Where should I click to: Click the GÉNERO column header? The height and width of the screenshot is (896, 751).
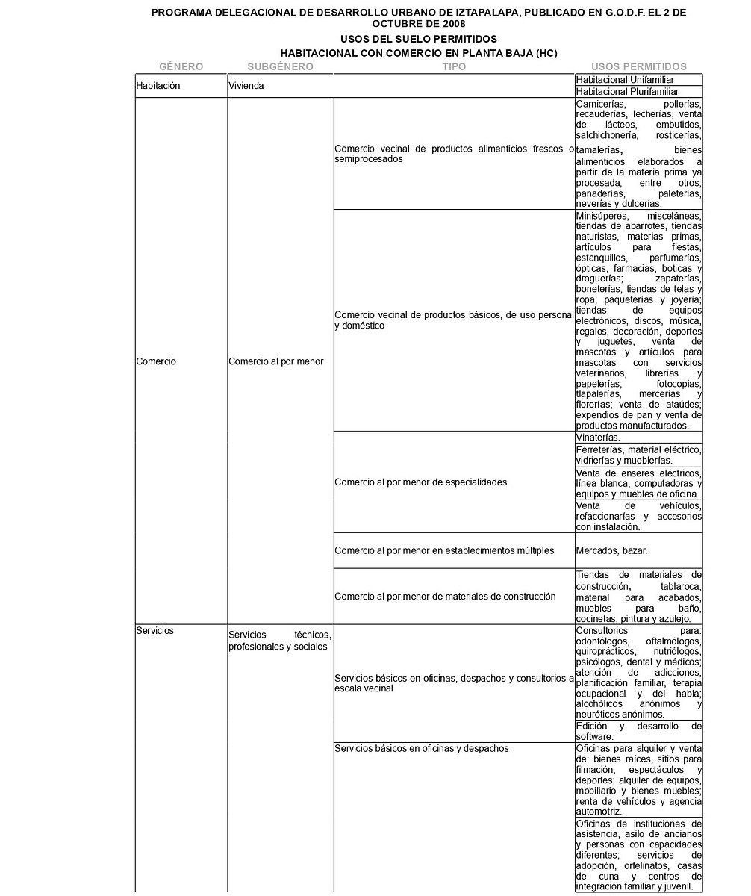pyautogui.click(x=181, y=66)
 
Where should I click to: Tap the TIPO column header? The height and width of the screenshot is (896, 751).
pyautogui.click(x=454, y=66)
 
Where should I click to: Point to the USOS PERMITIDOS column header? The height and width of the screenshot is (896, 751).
pyautogui.click(x=639, y=66)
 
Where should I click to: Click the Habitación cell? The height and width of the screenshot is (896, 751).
pyautogui.click(x=158, y=86)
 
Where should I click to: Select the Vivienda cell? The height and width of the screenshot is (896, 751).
pyautogui.click(x=246, y=86)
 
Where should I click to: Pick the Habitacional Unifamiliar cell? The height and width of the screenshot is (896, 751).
pyautogui.click(x=626, y=79)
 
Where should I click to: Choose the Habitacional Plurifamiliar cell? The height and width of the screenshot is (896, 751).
pyautogui.click(x=627, y=91)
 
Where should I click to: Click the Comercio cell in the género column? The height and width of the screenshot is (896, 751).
pyautogui.click(x=156, y=361)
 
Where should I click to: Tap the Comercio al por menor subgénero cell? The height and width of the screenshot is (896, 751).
pyautogui.click(x=276, y=361)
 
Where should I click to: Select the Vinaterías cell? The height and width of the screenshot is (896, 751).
pyautogui.click(x=598, y=437)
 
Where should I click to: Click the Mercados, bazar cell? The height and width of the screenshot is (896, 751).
pyautogui.click(x=611, y=550)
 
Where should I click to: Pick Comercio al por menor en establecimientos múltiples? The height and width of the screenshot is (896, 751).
pyautogui.click(x=444, y=550)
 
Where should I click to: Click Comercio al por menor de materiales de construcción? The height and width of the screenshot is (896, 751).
pyautogui.click(x=445, y=597)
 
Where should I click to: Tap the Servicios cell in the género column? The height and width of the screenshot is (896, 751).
pyautogui.click(x=155, y=631)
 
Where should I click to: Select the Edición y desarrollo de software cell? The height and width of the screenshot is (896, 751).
pyautogui.click(x=638, y=731)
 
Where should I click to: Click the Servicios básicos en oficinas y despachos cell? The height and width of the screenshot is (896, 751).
pyautogui.click(x=422, y=748)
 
